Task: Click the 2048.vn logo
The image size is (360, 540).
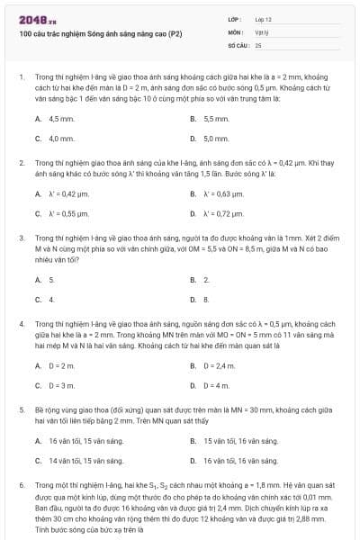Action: point(37,18)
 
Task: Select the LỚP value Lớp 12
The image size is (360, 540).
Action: point(263,19)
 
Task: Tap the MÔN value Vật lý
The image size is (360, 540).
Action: point(261,31)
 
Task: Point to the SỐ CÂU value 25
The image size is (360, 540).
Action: point(258,44)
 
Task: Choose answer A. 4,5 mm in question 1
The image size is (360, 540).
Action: point(61,119)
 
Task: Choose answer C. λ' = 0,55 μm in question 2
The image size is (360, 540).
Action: point(66,214)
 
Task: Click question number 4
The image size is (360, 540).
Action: point(21,322)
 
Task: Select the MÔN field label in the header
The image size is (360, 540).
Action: point(234,31)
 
